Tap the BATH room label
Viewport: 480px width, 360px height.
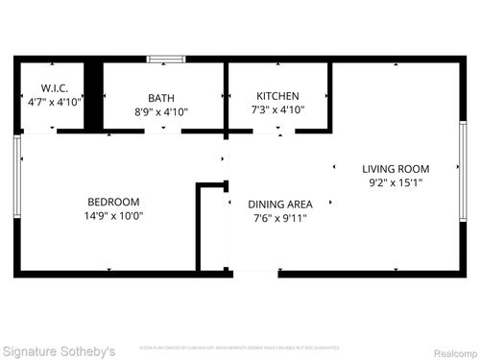coord(161,98)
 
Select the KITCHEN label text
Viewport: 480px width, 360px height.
coord(277,96)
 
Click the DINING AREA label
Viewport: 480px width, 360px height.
coord(279,204)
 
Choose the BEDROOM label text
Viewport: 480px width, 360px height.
coord(113,202)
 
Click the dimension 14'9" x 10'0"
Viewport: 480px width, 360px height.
coord(113,215)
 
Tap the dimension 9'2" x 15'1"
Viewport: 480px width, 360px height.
coord(396,181)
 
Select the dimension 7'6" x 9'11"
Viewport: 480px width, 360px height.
coord(279,218)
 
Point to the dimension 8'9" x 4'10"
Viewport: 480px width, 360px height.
coord(161,111)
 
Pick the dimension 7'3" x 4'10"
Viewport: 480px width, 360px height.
coord(277,109)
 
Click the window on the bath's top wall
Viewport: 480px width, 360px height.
coord(165,60)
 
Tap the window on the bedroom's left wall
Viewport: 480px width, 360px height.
coord(17,178)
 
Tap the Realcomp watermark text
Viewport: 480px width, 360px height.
coord(452,350)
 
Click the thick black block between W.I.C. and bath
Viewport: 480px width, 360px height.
coord(93,95)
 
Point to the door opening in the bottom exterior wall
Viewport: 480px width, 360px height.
coord(255,274)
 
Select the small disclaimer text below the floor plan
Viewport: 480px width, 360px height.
coord(240,347)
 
